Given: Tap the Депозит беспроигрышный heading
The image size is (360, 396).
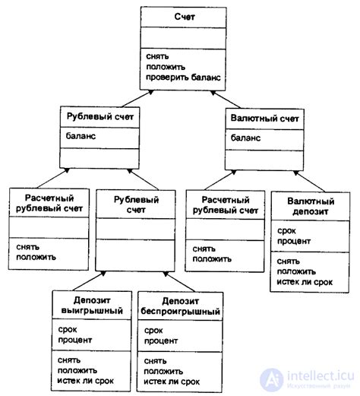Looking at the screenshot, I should [x=172, y=305].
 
